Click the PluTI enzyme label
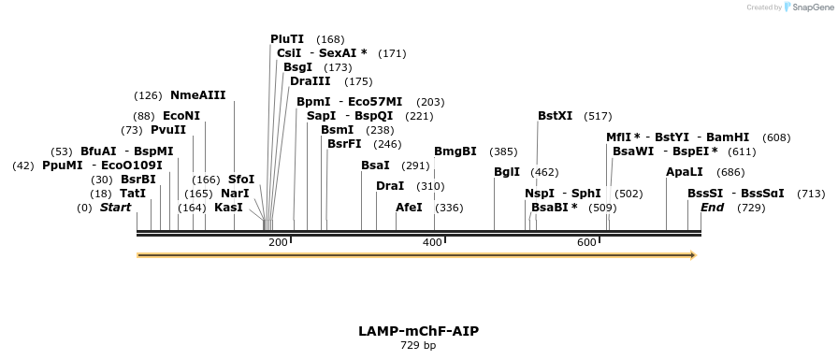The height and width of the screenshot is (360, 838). pos(287,39)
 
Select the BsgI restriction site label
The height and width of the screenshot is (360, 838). pos(297,67)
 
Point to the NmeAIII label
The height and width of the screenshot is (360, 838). pos(197,95)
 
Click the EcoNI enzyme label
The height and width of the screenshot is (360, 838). pos(181,116)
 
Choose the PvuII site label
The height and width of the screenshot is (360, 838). pos(168,130)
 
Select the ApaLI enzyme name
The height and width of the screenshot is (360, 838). pos(685,172)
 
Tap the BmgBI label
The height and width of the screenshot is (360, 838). pos(455,151)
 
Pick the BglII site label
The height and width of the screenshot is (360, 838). pos(507,172)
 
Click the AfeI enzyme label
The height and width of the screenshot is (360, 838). pos(410,208)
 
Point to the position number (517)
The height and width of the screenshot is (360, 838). pos(598,117)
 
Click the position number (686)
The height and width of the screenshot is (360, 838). pos(730,173)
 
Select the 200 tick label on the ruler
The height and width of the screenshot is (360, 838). pos(278,243)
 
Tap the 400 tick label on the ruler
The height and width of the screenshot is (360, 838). pos(432,243)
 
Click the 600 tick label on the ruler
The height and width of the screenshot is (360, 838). pos(586,243)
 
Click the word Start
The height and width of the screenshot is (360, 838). pos(115,208)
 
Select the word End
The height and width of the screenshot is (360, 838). pos(712,208)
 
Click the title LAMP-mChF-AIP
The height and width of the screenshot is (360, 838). pos(418,331)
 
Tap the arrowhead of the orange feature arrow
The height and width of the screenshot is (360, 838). pos(693,254)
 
